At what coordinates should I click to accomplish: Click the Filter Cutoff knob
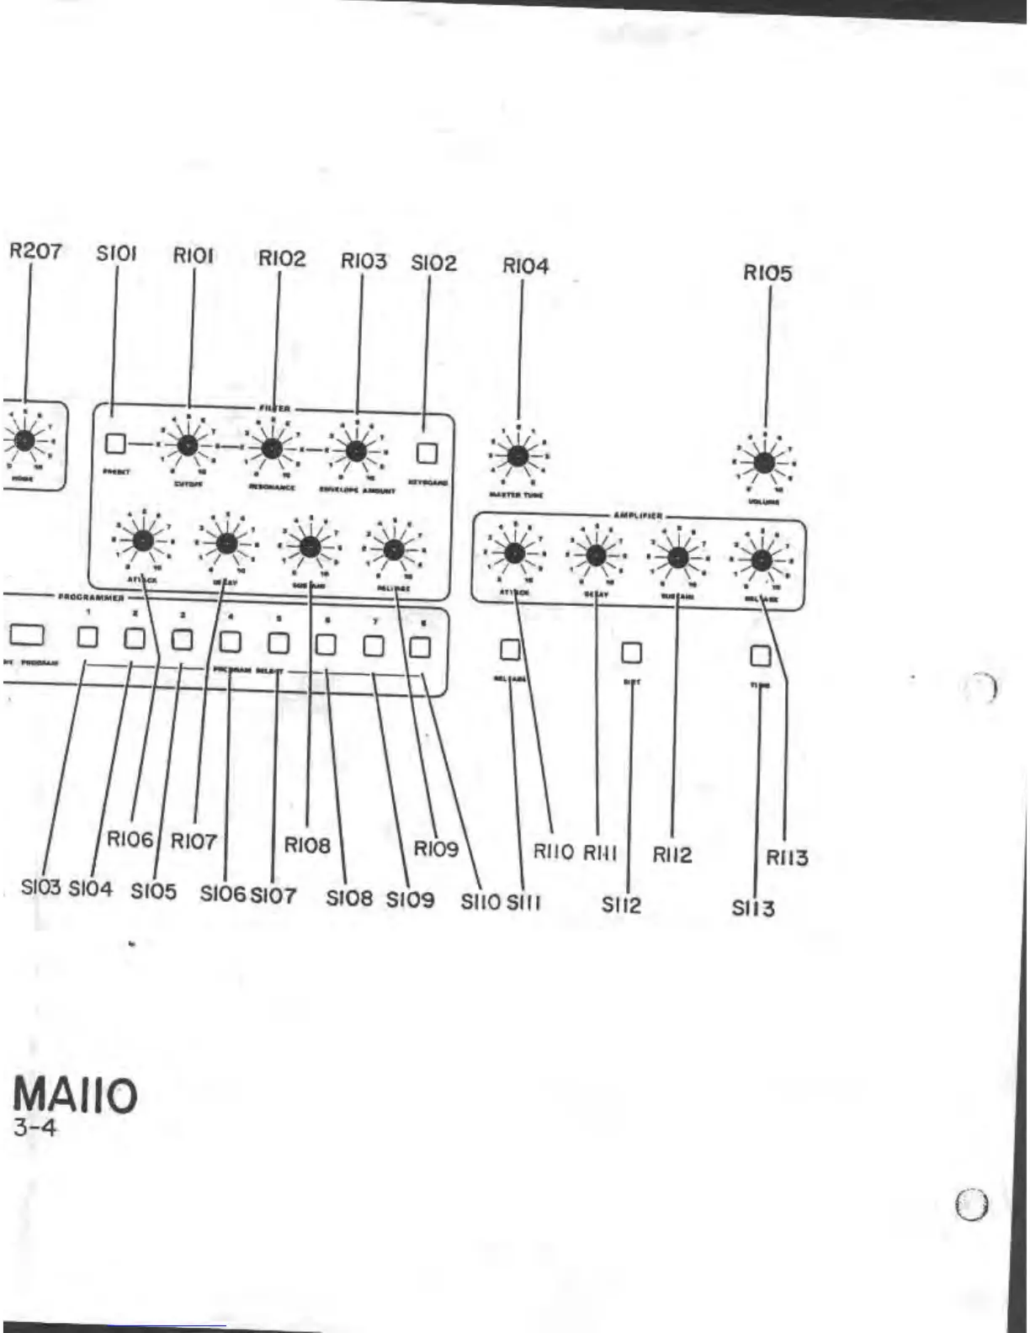pyautogui.click(x=188, y=445)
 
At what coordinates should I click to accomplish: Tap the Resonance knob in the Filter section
pyautogui.click(x=271, y=449)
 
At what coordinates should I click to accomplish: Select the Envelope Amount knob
pyautogui.click(x=356, y=451)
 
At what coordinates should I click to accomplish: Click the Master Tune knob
pyautogui.click(x=518, y=456)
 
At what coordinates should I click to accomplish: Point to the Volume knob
pyautogui.click(x=764, y=463)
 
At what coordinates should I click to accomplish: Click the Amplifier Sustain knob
pyautogui.click(x=678, y=557)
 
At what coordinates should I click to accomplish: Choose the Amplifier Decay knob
pyautogui.click(x=596, y=555)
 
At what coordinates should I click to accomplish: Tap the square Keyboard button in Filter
pyautogui.click(x=427, y=454)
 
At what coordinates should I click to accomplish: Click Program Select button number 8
pyautogui.click(x=420, y=647)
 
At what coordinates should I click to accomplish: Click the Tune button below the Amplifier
pyautogui.click(x=760, y=656)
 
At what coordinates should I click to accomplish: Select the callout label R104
pyautogui.click(x=525, y=266)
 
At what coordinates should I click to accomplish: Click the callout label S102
pyautogui.click(x=433, y=263)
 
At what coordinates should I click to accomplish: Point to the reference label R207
pyautogui.click(x=35, y=251)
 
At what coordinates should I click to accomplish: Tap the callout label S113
pyautogui.click(x=752, y=908)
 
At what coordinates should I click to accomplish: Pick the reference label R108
pyautogui.click(x=307, y=845)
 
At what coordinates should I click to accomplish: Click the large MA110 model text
pyautogui.click(x=75, y=1096)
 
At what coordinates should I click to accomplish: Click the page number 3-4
pyautogui.click(x=35, y=1128)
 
